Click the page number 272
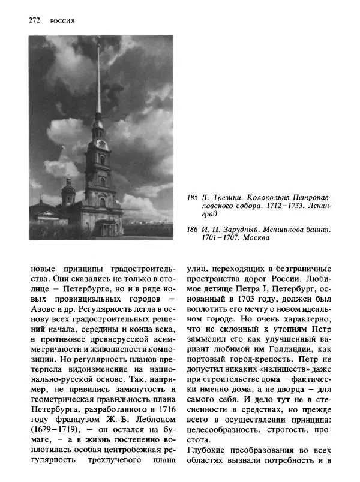34,20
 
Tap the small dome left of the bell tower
68,191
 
